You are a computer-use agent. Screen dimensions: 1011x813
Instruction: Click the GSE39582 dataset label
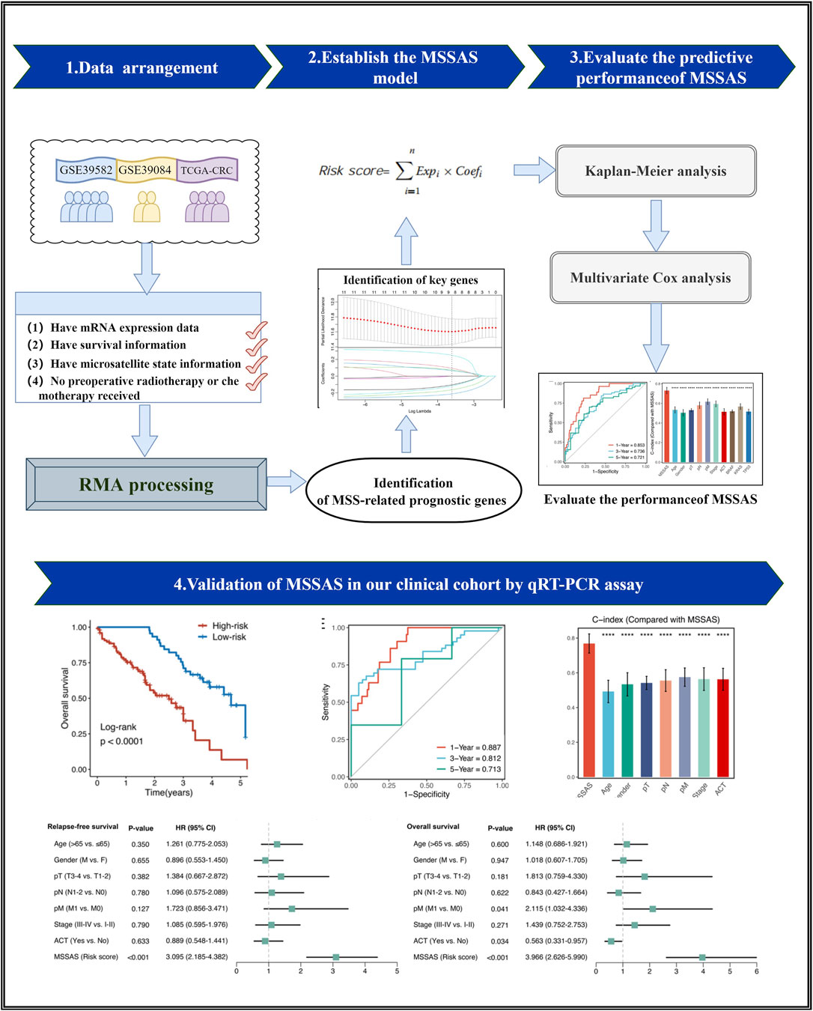pyautogui.click(x=86, y=170)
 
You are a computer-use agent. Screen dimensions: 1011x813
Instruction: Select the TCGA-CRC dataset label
pyautogui.click(x=207, y=170)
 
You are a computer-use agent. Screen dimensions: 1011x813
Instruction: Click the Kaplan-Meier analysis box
pyautogui.click(x=655, y=171)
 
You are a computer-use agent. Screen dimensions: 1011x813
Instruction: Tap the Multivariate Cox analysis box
pyautogui.click(x=650, y=278)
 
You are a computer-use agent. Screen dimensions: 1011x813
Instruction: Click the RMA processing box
pyautogui.click(x=146, y=485)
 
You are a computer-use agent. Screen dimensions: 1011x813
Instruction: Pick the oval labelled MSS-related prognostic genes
pyautogui.click(x=412, y=491)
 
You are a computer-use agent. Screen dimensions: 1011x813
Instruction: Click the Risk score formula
pyautogui.click(x=401, y=171)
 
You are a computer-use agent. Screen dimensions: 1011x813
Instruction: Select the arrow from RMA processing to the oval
pyautogui.click(x=286, y=481)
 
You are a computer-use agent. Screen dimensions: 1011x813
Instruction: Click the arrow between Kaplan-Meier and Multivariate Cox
pyautogui.click(x=656, y=225)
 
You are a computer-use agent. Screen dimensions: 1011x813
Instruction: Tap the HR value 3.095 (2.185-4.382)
pyautogui.click(x=196, y=957)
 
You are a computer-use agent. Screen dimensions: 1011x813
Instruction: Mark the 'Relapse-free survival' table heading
pyautogui.click(x=82, y=827)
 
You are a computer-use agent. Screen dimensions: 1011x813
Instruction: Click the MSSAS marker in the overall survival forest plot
pyautogui.click(x=702, y=957)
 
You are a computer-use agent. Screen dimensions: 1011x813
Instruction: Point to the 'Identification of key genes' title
pyautogui.click(x=410, y=280)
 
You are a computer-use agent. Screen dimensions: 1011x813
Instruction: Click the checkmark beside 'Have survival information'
pyautogui.click(x=256, y=347)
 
